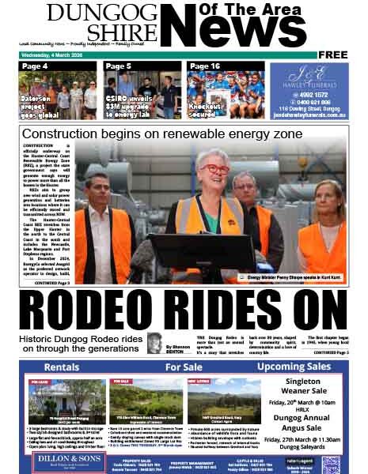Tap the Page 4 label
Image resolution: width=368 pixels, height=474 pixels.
click(35, 66)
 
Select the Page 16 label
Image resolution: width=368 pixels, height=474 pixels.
click(205, 66)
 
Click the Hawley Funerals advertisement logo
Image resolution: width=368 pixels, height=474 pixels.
click(308, 77)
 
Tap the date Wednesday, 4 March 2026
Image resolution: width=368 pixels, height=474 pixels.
click(59, 55)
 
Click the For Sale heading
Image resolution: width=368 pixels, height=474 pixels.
click(183, 367)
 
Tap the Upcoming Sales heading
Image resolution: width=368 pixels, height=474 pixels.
click(293, 367)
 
